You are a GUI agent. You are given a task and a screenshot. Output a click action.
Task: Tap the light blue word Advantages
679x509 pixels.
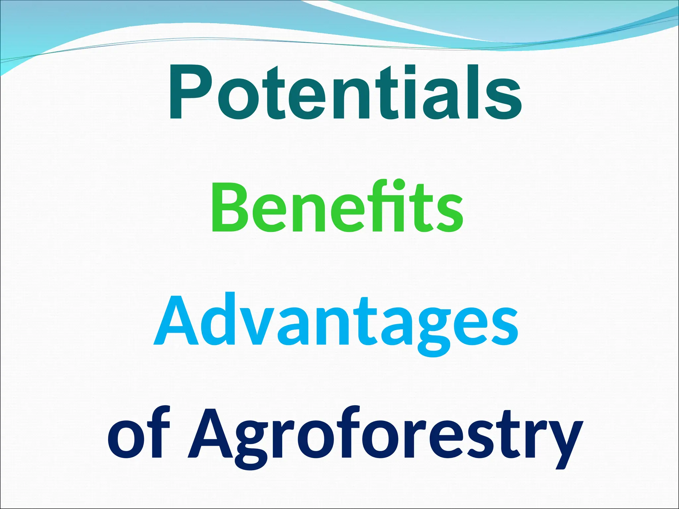click(336, 320)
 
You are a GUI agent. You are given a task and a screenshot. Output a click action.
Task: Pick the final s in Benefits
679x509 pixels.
click(450, 214)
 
